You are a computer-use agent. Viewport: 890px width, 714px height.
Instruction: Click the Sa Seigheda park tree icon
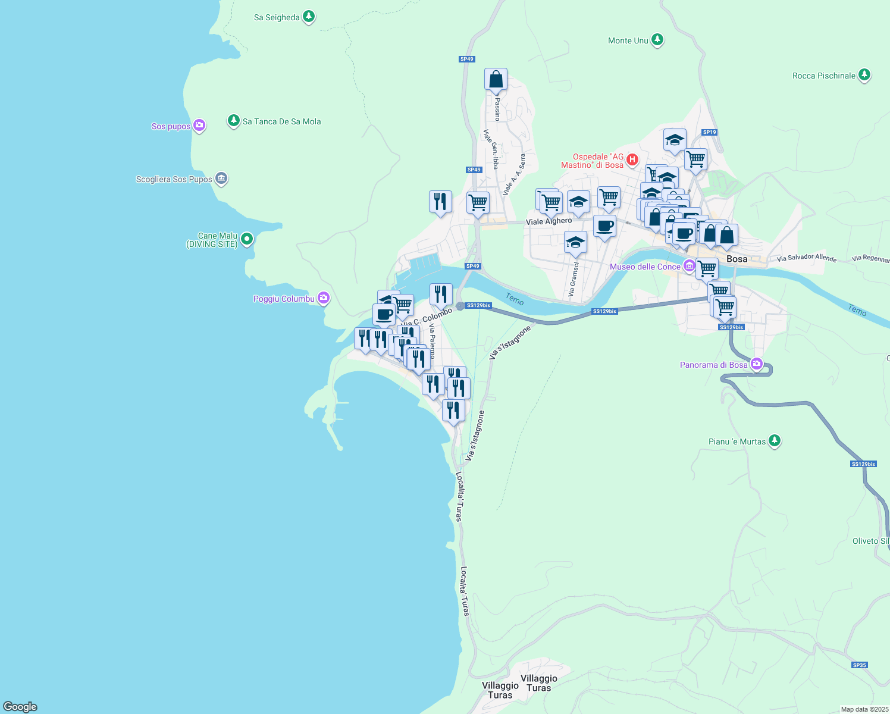(x=308, y=17)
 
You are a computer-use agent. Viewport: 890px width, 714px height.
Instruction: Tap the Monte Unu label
(x=628, y=40)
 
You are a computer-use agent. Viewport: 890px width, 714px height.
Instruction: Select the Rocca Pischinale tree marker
(x=864, y=76)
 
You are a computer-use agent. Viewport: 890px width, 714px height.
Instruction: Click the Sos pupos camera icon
(x=199, y=126)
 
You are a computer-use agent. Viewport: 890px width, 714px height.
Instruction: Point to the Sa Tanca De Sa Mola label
(x=281, y=121)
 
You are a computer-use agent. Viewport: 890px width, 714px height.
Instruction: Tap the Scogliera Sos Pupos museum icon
(x=221, y=178)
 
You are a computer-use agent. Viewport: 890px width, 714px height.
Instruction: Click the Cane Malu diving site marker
(x=247, y=240)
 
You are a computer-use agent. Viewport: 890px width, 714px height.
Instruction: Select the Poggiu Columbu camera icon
(x=324, y=298)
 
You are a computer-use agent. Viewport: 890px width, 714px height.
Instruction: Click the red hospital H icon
(x=632, y=159)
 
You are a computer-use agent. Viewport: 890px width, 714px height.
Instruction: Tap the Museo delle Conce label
(x=644, y=267)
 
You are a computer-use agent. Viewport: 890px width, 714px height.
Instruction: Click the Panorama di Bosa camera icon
(x=756, y=364)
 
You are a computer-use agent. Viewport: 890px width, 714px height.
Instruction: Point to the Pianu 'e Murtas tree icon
(x=774, y=441)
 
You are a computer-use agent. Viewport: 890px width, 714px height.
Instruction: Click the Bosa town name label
(x=737, y=259)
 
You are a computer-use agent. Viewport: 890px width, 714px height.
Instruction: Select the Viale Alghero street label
(x=549, y=221)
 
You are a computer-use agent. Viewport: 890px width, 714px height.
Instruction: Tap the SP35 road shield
(x=859, y=665)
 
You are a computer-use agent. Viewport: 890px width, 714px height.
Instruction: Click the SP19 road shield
(x=709, y=133)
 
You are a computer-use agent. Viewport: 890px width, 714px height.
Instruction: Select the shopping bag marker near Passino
(x=496, y=80)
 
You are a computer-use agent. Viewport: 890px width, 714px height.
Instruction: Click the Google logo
(x=20, y=706)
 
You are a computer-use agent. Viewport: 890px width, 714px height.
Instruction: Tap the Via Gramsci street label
(x=573, y=279)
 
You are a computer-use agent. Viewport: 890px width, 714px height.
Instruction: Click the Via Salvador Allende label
(x=806, y=258)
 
